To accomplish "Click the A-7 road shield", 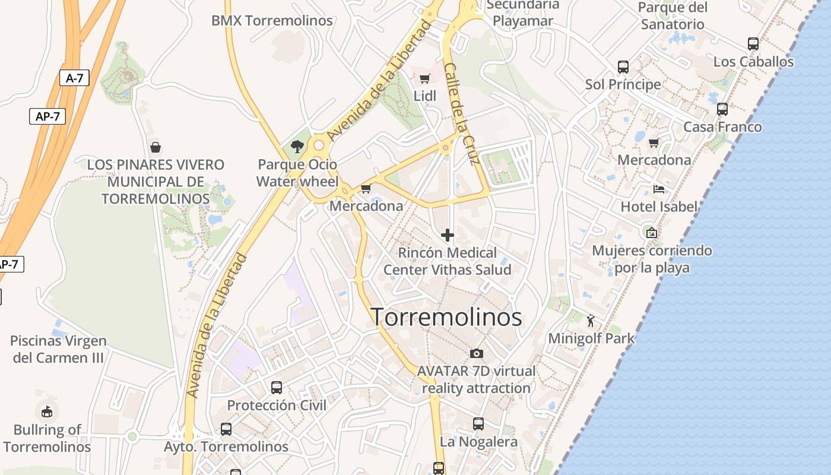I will (74, 78).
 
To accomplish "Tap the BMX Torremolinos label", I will (272, 21).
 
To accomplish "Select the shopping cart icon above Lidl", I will (425, 79).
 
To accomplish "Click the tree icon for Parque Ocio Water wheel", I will (297, 146).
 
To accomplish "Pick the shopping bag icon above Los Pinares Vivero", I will (156, 147).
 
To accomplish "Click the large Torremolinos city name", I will (446, 317).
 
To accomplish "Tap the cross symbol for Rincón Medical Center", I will (448, 235).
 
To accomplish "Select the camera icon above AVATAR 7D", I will (476, 354).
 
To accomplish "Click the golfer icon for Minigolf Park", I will (591, 321).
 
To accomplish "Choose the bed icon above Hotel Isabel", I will (658, 189).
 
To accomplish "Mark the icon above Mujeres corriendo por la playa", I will (652, 233).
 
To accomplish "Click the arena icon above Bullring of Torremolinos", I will (47, 411).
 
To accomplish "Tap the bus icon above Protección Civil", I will (277, 388).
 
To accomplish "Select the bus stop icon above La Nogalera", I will (478, 424).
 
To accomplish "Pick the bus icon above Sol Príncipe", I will (623, 67).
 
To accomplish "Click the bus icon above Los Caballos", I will (753, 44).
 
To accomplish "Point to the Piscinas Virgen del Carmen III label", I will (59, 349).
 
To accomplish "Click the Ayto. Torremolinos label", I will (226, 446).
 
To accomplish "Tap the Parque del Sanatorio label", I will (673, 16).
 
